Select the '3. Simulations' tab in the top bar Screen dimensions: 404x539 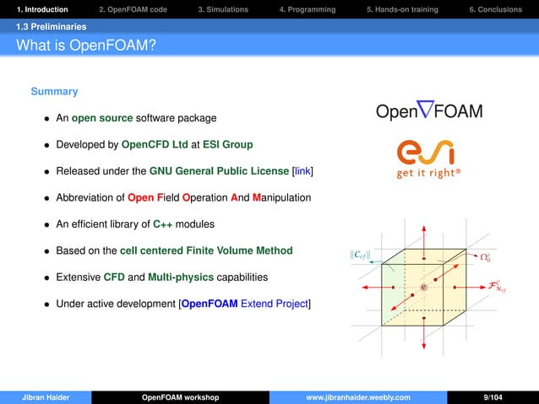(223, 9)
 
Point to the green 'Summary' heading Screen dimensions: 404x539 (54, 91)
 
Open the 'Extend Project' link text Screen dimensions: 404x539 (275, 303)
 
